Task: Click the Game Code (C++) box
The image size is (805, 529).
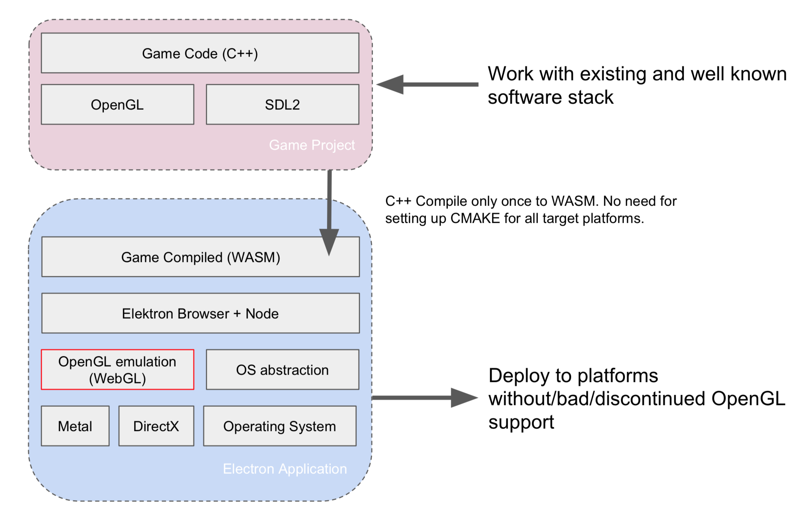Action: point(200,53)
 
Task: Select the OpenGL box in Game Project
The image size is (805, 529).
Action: point(117,105)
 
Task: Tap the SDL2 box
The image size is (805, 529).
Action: point(282,105)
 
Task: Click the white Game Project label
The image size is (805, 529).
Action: point(312,145)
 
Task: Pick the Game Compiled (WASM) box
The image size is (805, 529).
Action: point(201,257)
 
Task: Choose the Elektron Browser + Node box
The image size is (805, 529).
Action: point(201,314)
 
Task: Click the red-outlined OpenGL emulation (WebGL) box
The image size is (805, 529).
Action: point(117,370)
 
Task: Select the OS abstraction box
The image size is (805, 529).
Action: point(282,370)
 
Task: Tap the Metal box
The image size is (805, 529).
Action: point(75,426)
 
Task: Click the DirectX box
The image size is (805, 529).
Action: point(156,426)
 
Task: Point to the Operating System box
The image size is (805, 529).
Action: point(280,426)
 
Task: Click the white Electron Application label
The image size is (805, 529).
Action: point(285,469)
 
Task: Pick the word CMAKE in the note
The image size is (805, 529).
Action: point(475,218)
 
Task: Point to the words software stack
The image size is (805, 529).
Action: point(550,97)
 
